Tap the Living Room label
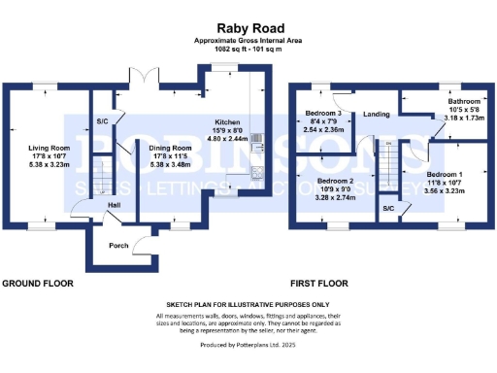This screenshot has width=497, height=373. point(50,147)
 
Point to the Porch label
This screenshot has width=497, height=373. point(119,245)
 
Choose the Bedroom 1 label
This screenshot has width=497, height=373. point(445,173)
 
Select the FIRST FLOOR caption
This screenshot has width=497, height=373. point(318,284)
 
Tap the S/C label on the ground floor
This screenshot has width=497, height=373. point(102,120)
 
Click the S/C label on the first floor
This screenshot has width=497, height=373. point(387,208)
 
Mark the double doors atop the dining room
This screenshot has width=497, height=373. point(142,74)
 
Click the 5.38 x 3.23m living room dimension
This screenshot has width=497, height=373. point(50,165)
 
